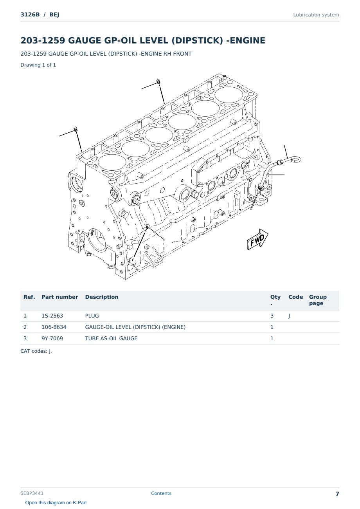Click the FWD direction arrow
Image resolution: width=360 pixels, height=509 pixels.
click(257, 239)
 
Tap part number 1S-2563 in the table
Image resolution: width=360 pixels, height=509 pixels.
click(52, 316)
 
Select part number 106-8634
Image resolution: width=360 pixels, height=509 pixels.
click(54, 327)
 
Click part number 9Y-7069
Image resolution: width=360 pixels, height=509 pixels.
click(52, 338)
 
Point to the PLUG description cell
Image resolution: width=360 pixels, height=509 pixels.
click(92, 316)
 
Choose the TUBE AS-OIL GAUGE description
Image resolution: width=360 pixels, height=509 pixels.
click(111, 338)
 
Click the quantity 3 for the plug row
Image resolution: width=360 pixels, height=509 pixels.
click(272, 316)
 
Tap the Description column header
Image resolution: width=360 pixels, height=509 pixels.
click(102, 297)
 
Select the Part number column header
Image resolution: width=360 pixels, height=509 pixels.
click(60, 297)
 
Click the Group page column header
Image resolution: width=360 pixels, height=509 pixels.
click(318, 300)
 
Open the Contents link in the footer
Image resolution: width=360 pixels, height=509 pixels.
click(161, 493)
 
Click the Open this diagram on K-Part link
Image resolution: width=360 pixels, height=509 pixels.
click(56, 503)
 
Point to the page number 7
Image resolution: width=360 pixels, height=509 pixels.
click(337, 494)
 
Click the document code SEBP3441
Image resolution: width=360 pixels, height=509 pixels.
click(32, 493)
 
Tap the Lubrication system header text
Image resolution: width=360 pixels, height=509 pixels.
click(316, 15)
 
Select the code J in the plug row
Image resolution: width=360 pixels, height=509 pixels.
click(289, 316)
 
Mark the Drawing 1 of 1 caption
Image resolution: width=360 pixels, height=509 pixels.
click(38, 65)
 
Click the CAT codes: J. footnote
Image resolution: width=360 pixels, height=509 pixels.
click(36, 351)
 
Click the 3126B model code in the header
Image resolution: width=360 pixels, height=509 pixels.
click(30, 14)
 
